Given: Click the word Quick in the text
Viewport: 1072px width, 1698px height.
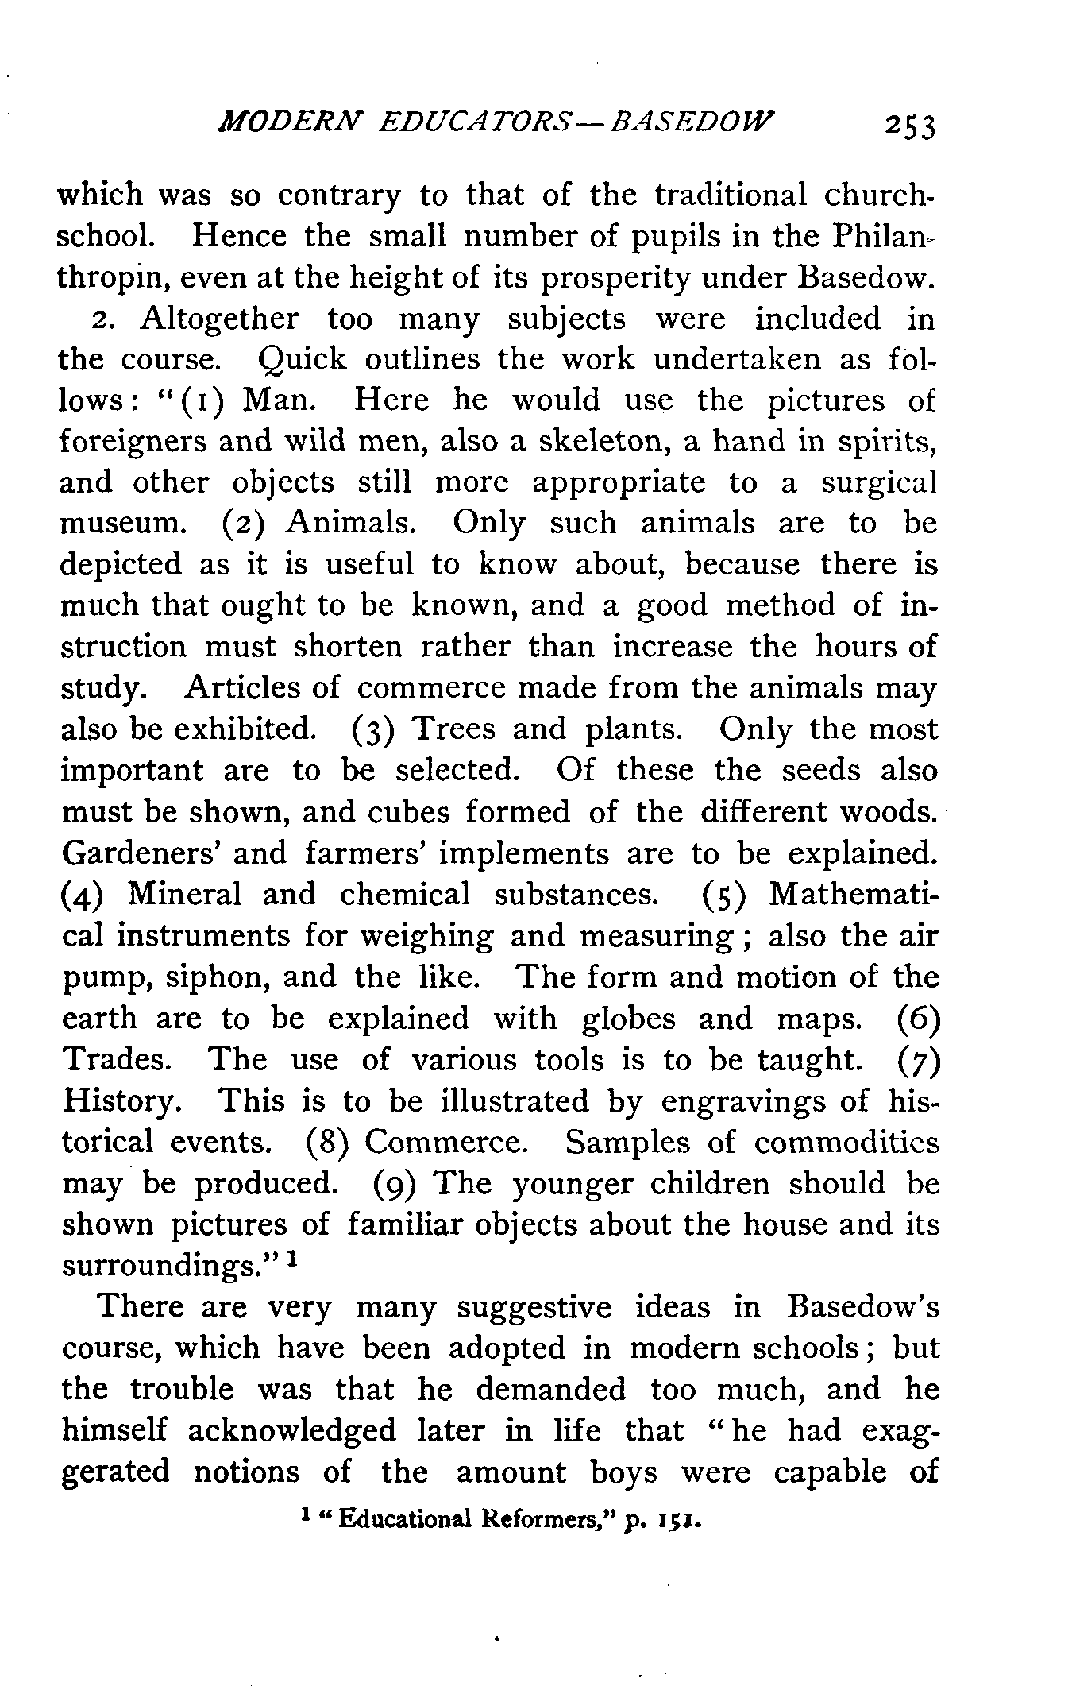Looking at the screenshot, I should (303, 360).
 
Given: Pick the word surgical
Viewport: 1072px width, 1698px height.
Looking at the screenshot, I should (879, 482).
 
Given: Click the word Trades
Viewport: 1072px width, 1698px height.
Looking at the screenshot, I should (121, 1060).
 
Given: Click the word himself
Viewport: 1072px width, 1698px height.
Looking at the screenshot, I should (114, 1430).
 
